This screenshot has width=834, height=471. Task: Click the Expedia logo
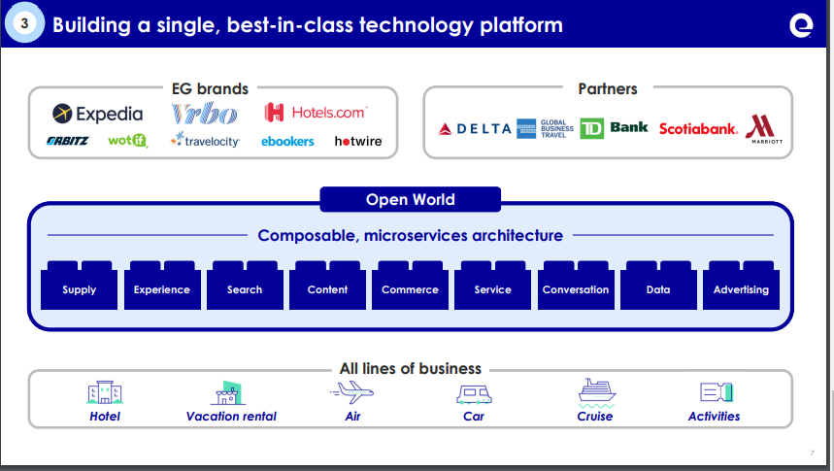[97, 114]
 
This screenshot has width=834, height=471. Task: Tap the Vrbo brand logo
[204, 114]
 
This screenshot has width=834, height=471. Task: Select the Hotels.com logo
[316, 113]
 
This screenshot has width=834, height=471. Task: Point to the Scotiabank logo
[698, 128]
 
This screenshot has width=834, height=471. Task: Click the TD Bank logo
[614, 128]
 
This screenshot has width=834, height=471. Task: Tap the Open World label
[410, 200]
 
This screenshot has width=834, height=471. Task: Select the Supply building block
[80, 288]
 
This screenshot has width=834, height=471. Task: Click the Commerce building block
[410, 288]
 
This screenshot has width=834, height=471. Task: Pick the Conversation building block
[576, 288]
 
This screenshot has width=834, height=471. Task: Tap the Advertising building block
[741, 288]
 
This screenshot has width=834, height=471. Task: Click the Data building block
[658, 288]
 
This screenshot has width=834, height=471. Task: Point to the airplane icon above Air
[351, 392]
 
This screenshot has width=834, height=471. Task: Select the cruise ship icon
[595, 391]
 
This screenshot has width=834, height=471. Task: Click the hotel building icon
[105, 392]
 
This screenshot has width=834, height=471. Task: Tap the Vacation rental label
[231, 416]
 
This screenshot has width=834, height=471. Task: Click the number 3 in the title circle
[25, 24]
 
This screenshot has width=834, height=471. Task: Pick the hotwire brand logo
[358, 141]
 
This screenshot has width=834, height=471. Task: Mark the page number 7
[812, 453]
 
